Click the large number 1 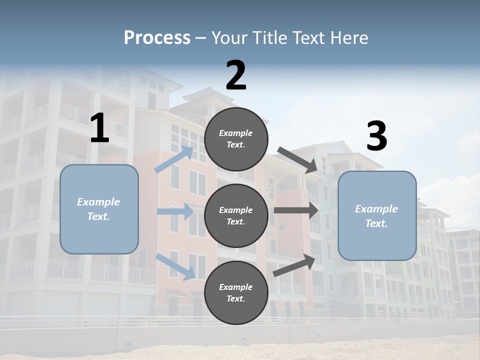coord(99,128)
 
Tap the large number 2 coord(236,75)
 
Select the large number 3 coord(376,136)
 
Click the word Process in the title coord(157,37)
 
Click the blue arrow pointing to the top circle coord(174,159)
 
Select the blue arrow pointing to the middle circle coord(175,211)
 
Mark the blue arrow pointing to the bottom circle coord(175,266)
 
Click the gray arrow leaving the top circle coord(297,160)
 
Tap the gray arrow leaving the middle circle coord(296,210)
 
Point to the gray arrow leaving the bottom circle coord(294,265)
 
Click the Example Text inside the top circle coord(236,139)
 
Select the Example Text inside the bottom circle coord(236,293)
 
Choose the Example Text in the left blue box coord(98,209)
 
